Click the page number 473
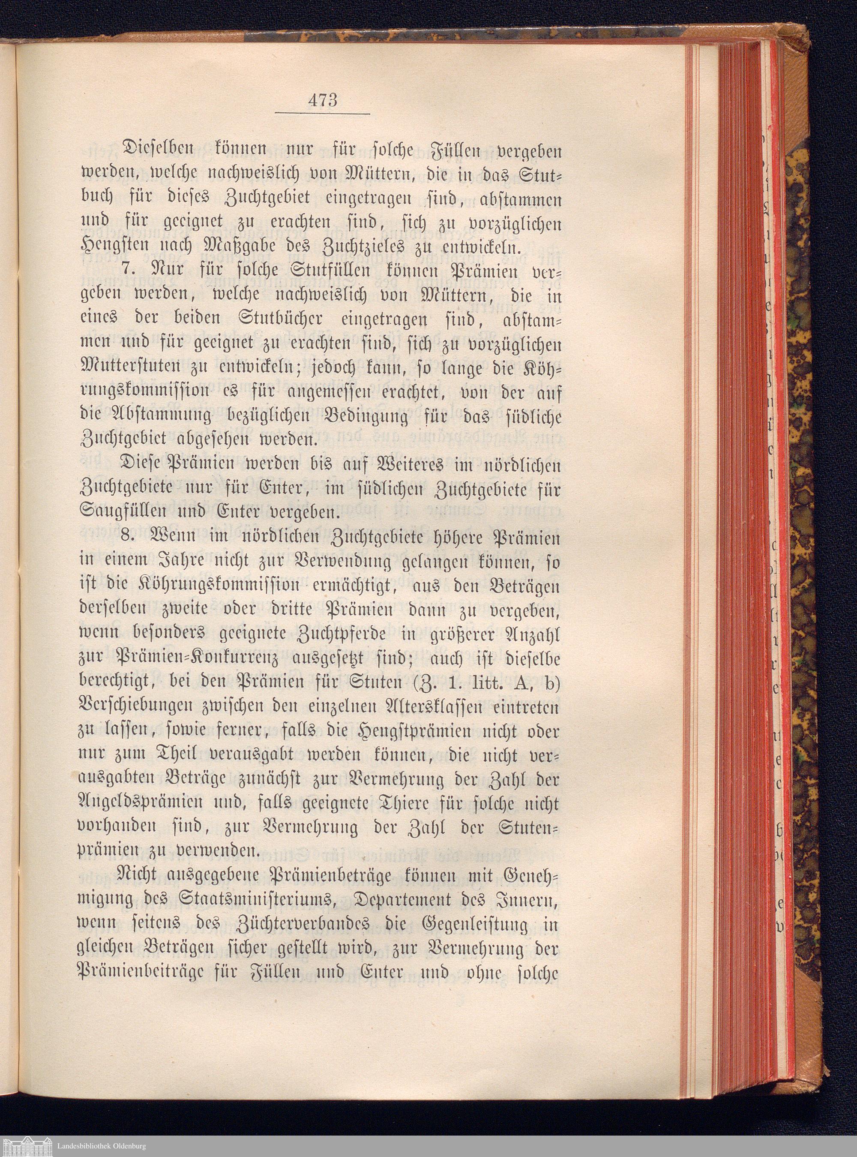[x=322, y=99]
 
